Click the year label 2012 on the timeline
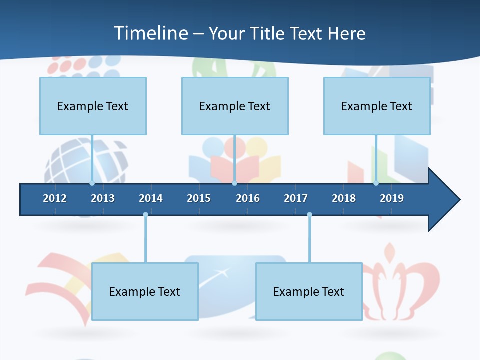click(x=55, y=198)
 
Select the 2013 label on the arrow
click(x=103, y=198)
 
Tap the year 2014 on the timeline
click(x=151, y=198)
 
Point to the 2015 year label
click(x=199, y=198)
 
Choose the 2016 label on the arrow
click(x=248, y=198)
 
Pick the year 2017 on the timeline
click(x=296, y=198)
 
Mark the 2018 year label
click(x=344, y=198)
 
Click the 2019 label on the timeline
click(x=392, y=198)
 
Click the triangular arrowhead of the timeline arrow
click(x=443, y=200)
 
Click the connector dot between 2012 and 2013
click(x=92, y=183)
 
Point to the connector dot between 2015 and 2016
click(x=234, y=183)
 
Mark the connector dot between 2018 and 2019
click(x=376, y=183)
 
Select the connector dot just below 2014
click(x=145, y=215)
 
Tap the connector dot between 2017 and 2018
click(x=309, y=215)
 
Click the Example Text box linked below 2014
click(x=145, y=292)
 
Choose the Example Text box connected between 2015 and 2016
click(x=235, y=106)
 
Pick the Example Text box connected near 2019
click(x=377, y=106)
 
